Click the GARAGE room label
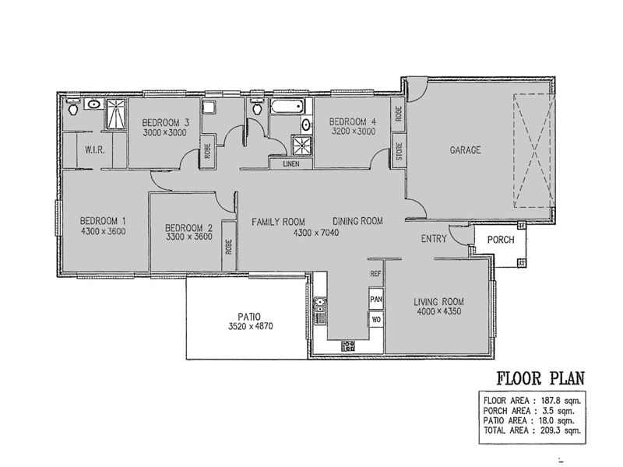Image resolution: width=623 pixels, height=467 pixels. (x=465, y=150)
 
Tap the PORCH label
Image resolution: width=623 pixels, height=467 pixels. (x=501, y=240)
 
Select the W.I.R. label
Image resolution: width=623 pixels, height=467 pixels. (x=94, y=150)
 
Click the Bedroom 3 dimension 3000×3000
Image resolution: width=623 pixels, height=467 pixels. (x=164, y=132)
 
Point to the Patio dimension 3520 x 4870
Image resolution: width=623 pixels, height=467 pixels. (x=250, y=327)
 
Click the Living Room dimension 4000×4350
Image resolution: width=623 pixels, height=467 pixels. (x=439, y=311)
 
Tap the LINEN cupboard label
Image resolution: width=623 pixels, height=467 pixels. (x=291, y=163)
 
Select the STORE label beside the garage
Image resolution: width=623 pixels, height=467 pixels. (x=399, y=151)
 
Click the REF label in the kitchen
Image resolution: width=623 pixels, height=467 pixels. (x=375, y=274)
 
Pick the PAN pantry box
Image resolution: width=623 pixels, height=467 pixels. (x=376, y=299)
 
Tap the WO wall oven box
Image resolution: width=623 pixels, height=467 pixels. (x=376, y=319)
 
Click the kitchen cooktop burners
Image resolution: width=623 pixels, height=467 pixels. (x=348, y=346)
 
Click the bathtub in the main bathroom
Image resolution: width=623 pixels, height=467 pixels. (x=287, y=106)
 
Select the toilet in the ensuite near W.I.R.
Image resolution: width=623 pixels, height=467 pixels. (x=73, y=107)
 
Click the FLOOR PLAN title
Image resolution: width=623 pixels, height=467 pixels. (x=540, y=378)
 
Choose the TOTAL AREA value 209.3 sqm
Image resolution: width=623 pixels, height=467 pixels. (x=561, y=430)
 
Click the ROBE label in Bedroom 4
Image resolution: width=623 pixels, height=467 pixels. (x=399, y=114)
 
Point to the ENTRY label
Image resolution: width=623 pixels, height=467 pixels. (x=434, y=239)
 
